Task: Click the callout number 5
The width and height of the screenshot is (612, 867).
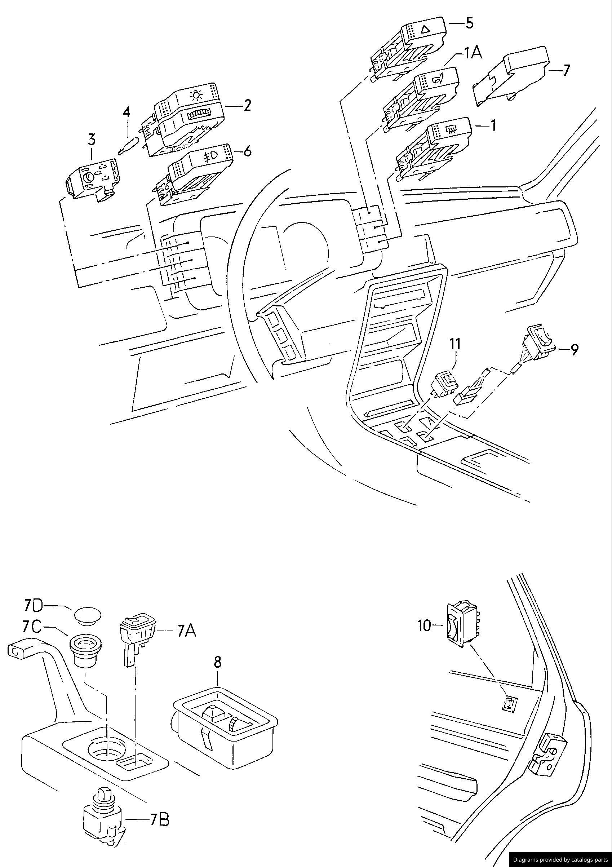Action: point(469,23)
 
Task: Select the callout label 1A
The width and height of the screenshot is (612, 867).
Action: point(473,53)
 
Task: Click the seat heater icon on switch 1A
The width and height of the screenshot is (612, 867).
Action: point(438,80)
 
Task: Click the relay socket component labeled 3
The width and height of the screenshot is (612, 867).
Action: point(90,180)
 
